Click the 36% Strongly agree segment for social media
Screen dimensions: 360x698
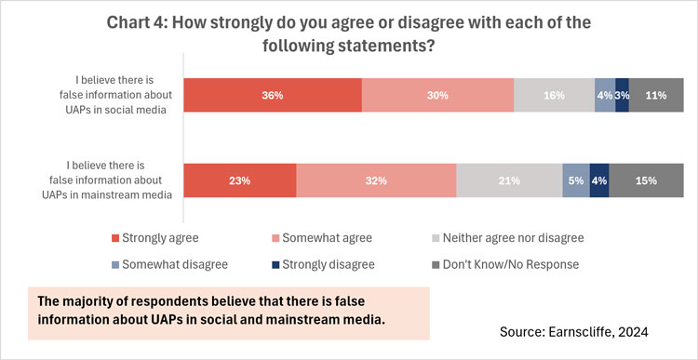(x=272, y=95)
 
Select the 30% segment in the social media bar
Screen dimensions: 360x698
(x=437, y=95)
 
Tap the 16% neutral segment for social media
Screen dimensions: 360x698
(x=554, y=95)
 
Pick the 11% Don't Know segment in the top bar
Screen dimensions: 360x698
(x=656, y=95)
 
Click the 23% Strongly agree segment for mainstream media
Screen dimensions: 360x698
(x=239, y=180)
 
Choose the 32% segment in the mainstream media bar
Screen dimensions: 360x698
(x=376, y=180)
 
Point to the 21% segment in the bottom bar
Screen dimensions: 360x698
(x=509, y=180)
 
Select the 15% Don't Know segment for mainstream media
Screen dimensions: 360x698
(x=645, y=180)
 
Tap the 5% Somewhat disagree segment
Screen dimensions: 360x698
(x=575, y=180)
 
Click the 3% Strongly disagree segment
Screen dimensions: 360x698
(x=622, y=95)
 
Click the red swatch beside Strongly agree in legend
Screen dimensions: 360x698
(x=115, y=238)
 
